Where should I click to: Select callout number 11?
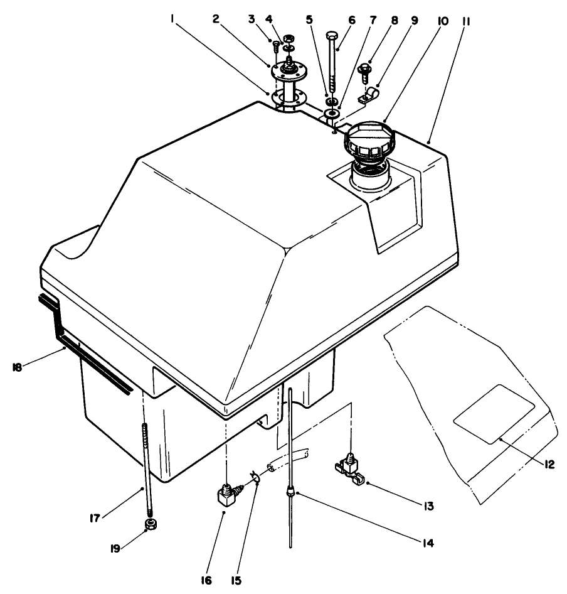[x=467, y=19]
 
